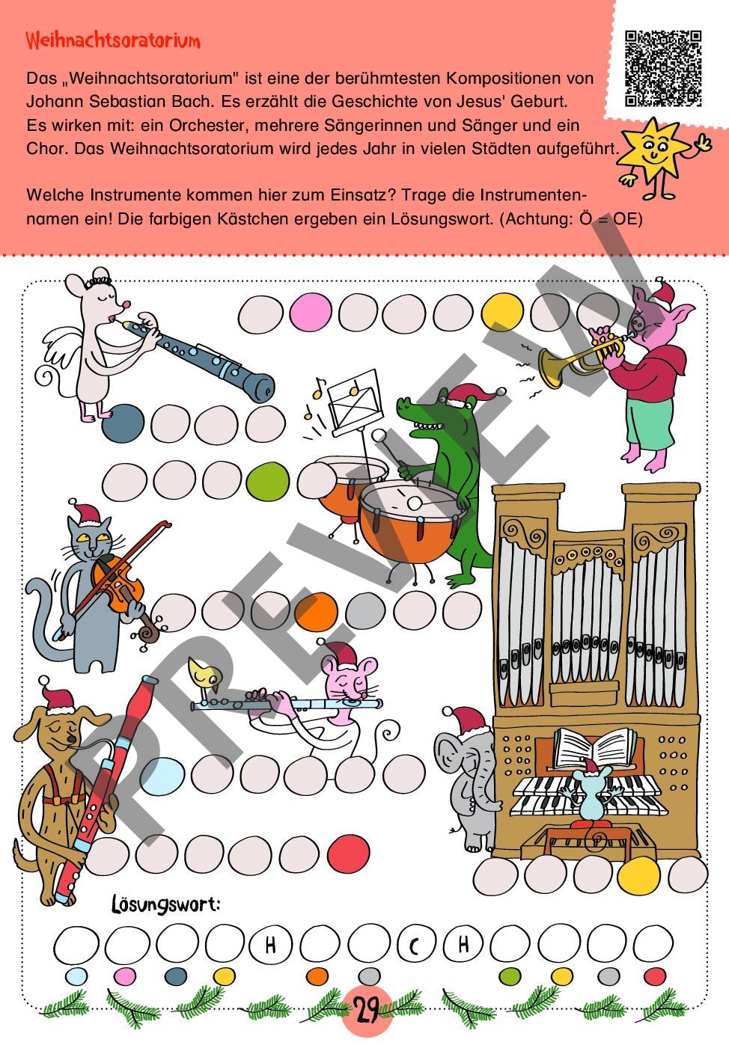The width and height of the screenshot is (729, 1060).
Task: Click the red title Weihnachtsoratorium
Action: coord(113,40)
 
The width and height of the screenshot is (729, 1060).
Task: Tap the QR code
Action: coord(663,69)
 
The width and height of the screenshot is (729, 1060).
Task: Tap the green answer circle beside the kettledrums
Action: coord(267,481)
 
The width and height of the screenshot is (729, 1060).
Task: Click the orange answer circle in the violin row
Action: coord(316,611)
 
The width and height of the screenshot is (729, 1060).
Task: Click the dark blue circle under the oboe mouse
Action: coord(123,423)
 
